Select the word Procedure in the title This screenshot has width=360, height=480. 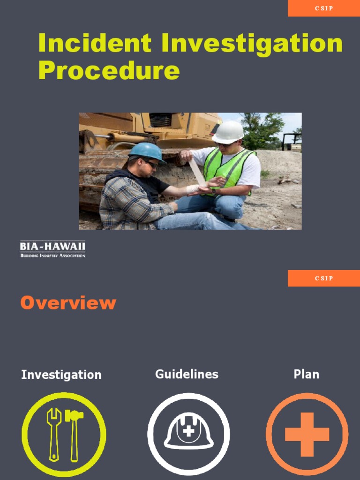pyautogui.click(x=109, y=71)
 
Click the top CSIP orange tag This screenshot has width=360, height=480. pyautogui.click(x=324, y=8)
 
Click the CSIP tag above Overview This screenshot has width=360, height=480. pyautogui.click(x=324, y=278)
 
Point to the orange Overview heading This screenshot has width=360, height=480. pyautogui.click(x=68, y=303)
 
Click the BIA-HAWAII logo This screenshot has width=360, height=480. pyautogui.click(x=52, y=249)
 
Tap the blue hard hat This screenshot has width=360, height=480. pyautogui.click(x=146, y=151)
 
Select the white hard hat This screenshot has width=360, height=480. pyautogui.click(x=228, y=132)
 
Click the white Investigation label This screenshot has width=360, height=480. pyautogui.click(x=61, y=375)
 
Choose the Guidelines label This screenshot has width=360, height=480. pyautogui.click(x=187, y=374)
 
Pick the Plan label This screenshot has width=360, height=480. pyautogui.click(x=306, y=374)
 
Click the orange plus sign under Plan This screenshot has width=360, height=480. pyautogui.click(x=307, y=434)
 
